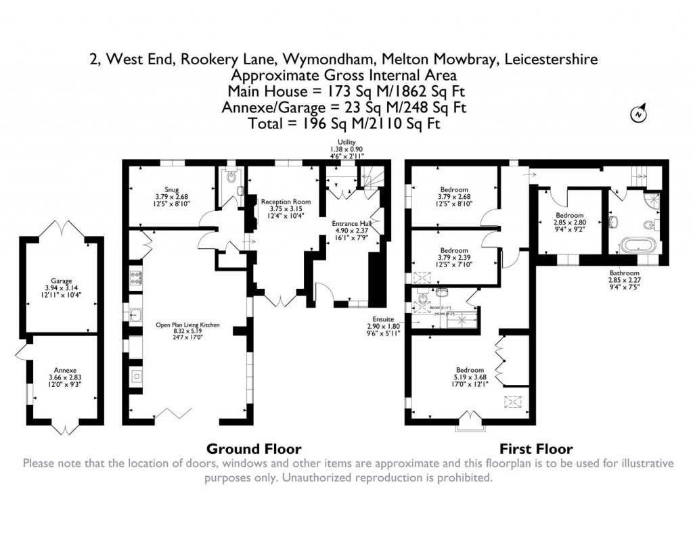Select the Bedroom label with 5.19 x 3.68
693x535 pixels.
click(x=470, y=370)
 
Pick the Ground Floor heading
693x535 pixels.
click(x=254, y=448)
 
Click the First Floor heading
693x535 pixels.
click(x=536, y=448)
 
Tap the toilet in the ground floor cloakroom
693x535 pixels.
click(x=231, y=179)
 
